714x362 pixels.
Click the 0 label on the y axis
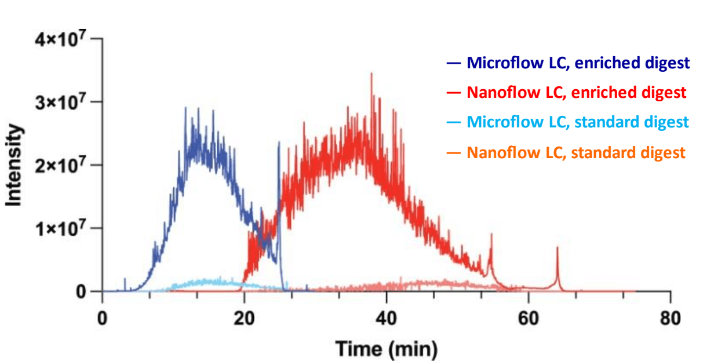pos(82,291)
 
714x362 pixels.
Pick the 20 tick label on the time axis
pos(244,317)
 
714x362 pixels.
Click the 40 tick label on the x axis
pos(386,317)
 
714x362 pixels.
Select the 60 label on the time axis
pos(528,317)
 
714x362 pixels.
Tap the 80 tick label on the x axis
pos(671,317)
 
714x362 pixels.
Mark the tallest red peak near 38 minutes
pos(371,74)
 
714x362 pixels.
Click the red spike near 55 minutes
pos(491,235)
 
